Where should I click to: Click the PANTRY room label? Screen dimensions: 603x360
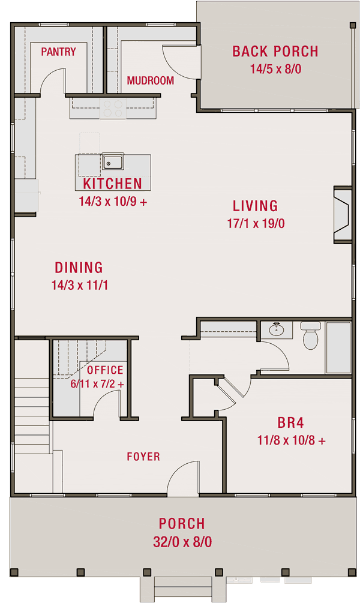[58, 52]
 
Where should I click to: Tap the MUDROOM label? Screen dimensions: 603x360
[150, 80]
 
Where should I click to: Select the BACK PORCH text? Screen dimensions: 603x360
[275, 52]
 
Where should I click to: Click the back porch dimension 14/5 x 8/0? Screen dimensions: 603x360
[275, 68]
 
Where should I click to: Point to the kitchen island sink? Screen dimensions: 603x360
[112, 161]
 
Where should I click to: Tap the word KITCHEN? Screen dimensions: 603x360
[113, 184]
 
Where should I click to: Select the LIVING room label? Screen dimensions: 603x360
[255, 206]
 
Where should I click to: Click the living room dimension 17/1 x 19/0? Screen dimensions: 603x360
[255, 223]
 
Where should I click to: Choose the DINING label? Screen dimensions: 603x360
[79, 268]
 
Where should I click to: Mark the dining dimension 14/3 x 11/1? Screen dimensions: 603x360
[79, 284]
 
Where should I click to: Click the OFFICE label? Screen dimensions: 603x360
[105, 370]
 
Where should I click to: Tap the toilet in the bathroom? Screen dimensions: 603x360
[311, 336]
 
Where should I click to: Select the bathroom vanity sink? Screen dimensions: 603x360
[277, 329]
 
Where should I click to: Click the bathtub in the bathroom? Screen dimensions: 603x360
[339, 348]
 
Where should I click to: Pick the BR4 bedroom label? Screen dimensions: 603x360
[291, 422]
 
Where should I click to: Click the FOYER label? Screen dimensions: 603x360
[143, 457]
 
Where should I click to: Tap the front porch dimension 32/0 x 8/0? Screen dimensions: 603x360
[182, 542]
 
